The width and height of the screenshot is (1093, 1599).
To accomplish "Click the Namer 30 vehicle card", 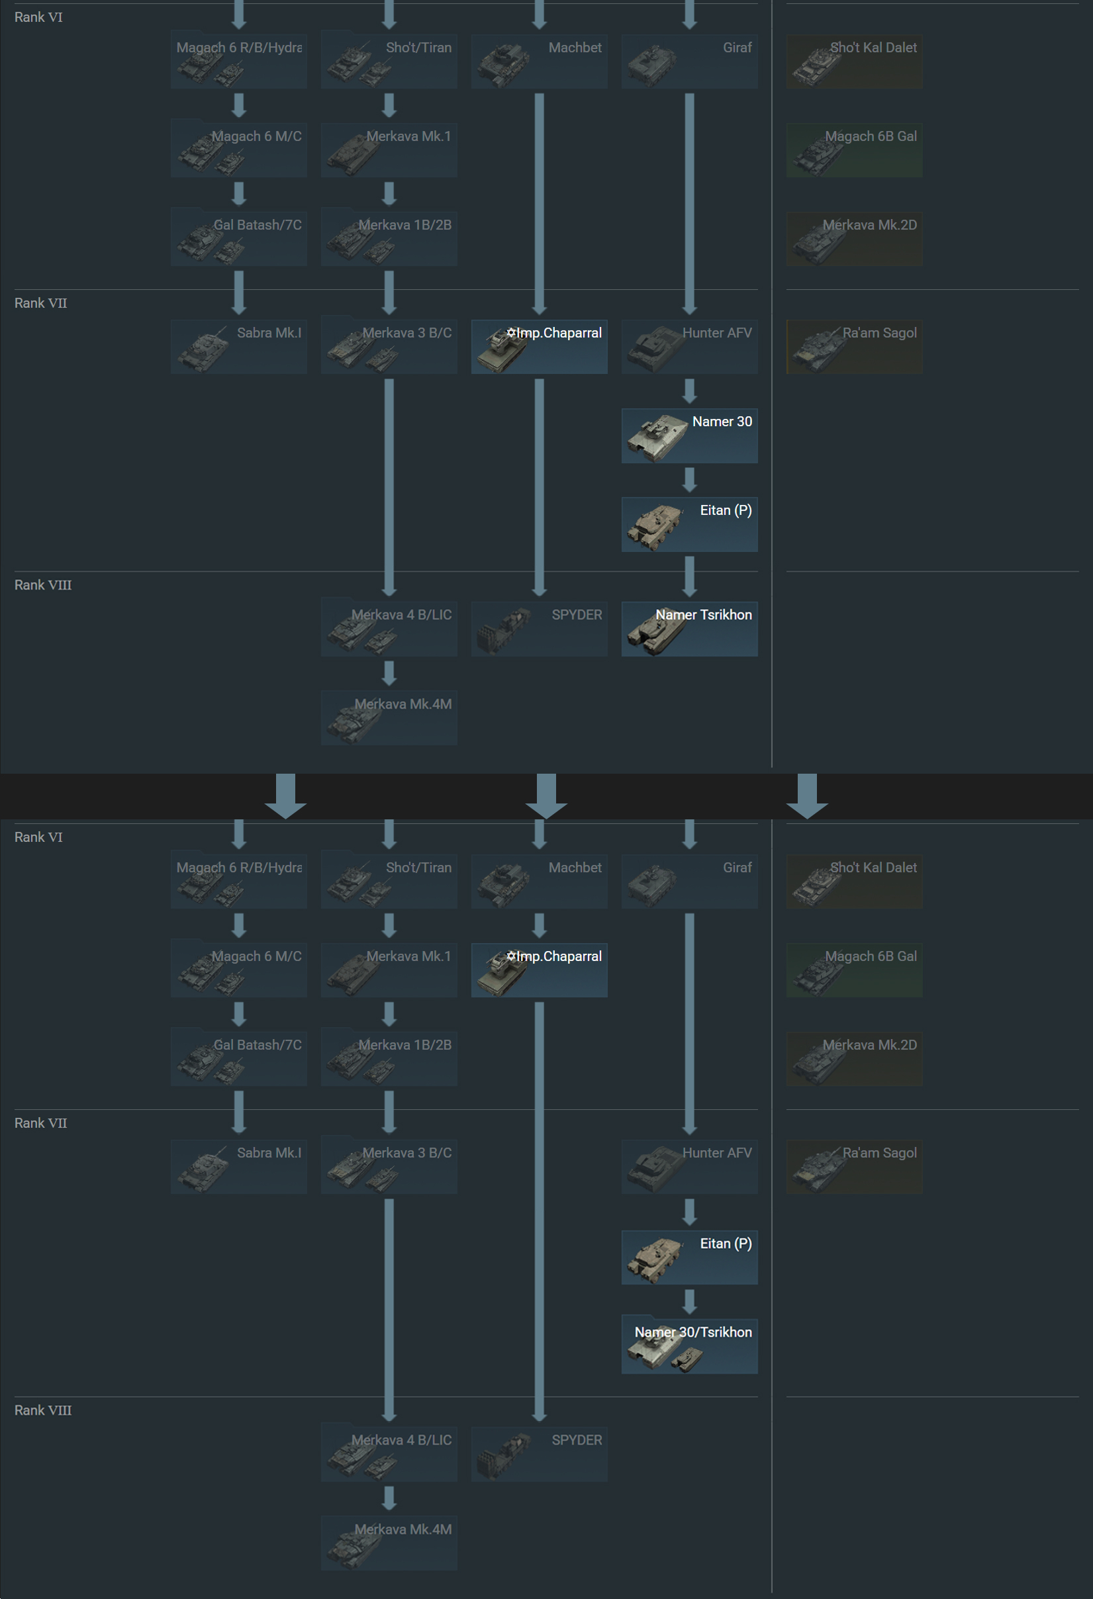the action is pyautogui.click(x=689, y=435).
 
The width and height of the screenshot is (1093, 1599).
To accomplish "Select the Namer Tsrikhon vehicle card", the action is pyautogui.click(x=689, y=629).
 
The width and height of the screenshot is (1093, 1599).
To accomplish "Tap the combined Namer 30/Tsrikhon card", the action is pyautogui.click(x=689, y=1346).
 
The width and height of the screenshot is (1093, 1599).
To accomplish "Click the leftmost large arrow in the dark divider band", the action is pyautogui.click(x=285, y=796).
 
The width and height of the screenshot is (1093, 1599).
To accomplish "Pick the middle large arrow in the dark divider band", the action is pyautogui.click(x=547, y=796).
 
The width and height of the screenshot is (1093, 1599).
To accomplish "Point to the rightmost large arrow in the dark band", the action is pyautogui.click(x=808, y=796).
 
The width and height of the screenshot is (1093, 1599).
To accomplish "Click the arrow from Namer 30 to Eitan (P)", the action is pyautogui.click(x=689, y=480).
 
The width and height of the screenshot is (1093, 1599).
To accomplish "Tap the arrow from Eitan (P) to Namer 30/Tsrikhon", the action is pyautogui.click(x=689, y=1302).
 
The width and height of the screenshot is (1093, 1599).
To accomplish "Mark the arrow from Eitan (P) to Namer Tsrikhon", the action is pyautogui.click(x=689, y=576).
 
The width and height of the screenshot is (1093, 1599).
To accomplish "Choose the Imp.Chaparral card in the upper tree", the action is pyautogui.click(x=539, y=347).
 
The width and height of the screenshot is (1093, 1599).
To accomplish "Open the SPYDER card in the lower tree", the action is pyautogui.click(x=539, y=1454).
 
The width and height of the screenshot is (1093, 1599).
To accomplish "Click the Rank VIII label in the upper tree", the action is pyautogui.click(x=42, y=585).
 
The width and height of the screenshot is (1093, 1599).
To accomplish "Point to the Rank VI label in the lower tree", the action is pyautogui.click(x=38, y=837).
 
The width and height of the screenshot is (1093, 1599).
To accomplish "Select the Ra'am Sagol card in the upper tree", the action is pyautogui.click(x=854, y=347).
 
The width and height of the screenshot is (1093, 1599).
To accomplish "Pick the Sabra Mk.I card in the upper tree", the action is pyautogui.click(x=239, y=347).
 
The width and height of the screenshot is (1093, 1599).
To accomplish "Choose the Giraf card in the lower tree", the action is pyautogui.click(x=689, y=882).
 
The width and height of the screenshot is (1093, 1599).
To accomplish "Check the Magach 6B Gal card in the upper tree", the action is pyautogui.click(x=854, y=150).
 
